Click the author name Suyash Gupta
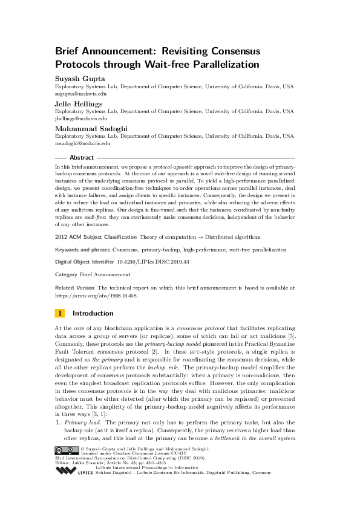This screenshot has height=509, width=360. pos(79,79)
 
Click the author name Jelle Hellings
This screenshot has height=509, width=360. pos(79,104)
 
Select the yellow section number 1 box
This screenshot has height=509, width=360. pos(60,313)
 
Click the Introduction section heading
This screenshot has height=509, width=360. pos(93,313)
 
